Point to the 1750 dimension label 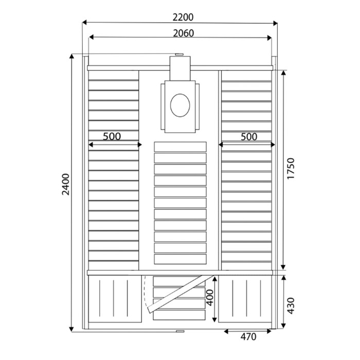(x=291, y=168)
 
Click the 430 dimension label (x=291, y=304)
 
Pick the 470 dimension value (x=248, y=337)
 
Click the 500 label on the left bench (x=112, y=137)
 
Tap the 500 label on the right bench (x=248, y=137)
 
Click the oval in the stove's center (x=179, y=105)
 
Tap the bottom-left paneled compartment (x=114, y=300)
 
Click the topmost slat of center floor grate (x=180, y=147)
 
